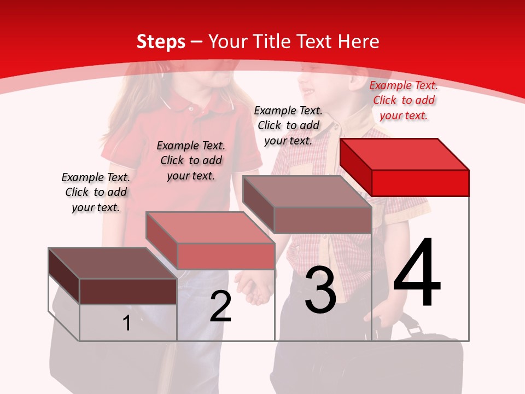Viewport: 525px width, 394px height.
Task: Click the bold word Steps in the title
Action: click(161, 42)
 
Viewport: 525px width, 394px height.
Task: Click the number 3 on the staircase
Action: click(320, 290)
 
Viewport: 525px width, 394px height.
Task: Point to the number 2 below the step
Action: click(221, 306)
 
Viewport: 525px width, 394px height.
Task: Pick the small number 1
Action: click(127, 323)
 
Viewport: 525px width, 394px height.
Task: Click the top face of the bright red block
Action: click(404, 154)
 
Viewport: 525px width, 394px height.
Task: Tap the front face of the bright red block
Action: click(420, 183)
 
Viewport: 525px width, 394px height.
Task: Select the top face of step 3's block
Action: click(306, 191)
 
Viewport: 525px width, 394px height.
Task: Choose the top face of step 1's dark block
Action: click(112, 263)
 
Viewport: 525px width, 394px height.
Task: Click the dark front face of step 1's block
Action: click(128, 291)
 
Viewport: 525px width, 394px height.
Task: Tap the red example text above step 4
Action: click(404, 100)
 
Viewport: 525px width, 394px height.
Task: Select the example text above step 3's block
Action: click(288, 125)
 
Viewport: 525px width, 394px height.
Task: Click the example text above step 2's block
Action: click(191, 160)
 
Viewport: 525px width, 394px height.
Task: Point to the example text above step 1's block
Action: click(96, 192)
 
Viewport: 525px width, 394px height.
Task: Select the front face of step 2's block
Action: click(226, 256)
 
